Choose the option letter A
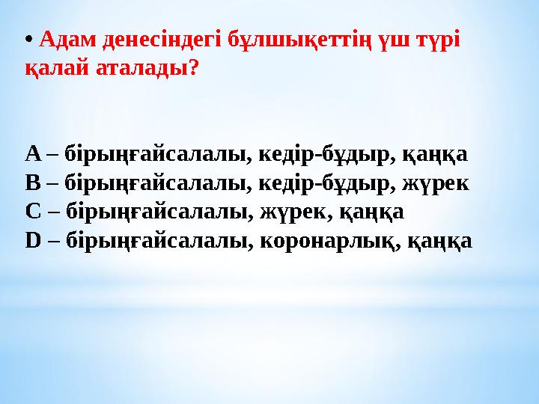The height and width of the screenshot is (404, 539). point(33,154)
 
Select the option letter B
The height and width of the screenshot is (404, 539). point(33,183)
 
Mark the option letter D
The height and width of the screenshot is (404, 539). point(34,240)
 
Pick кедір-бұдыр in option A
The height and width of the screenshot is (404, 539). point(323,154)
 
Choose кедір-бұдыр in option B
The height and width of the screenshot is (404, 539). point(323,183)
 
